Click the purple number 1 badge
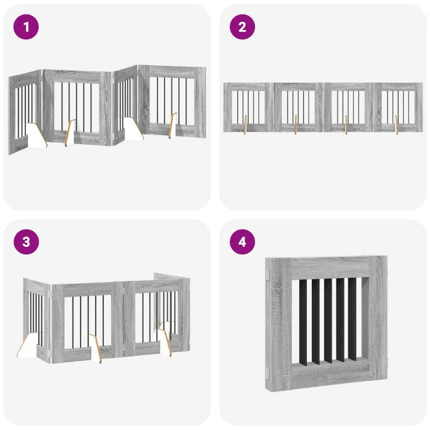click(x=26, y=27)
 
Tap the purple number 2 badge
click(x=242, y=27)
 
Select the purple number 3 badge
click(x=26, y=242)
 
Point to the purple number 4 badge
click(x=242, y=242)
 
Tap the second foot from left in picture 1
click(x=70, y=133)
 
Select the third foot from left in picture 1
click(x=133, y=129)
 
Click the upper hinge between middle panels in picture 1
click(x=113, y=81)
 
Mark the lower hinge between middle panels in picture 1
click(x=113, y=136)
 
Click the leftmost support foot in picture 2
click(x=245, y=125)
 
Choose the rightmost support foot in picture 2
click(x=396, y=125)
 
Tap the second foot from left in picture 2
click(x=295, y=125)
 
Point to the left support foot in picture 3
click(x=27, y=345)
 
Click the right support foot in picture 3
click(x=165, y=339)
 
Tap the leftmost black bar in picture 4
click(x=303, y=322)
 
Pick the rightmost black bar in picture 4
click(x=353, y=319)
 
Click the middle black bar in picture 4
click(x=328, y=321)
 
